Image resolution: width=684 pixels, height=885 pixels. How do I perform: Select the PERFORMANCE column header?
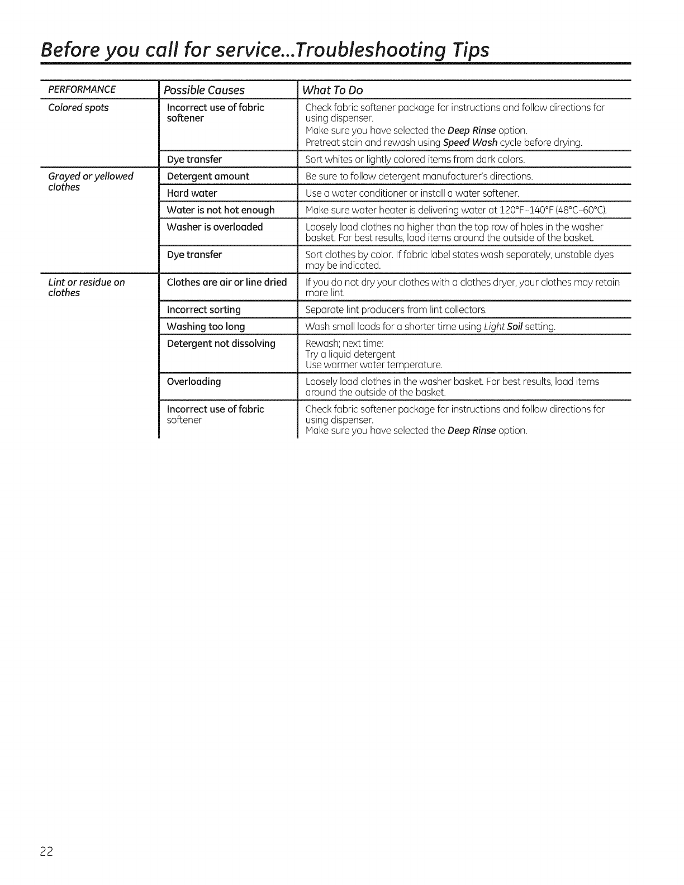pos(82,89)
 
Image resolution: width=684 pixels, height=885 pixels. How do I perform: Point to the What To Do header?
pos(332,90)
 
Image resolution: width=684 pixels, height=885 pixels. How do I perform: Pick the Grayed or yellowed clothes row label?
pos(91,182)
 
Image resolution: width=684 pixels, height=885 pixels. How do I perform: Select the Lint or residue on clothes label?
pos(87,287)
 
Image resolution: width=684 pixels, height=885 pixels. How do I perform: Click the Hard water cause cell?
pos(192,193)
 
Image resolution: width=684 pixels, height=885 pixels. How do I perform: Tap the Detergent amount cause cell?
pos(208,177)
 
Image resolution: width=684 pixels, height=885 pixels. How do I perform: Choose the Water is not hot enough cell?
pos(221,210)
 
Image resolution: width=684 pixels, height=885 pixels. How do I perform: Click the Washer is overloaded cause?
pos(215,227)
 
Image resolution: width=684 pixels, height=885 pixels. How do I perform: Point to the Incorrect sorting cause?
pos(203,310)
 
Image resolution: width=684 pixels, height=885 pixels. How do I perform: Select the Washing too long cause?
pos(206,326)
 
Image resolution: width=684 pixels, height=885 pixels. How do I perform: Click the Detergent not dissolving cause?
pos(221,343)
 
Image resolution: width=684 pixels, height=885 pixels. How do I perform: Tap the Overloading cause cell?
pos(194,382)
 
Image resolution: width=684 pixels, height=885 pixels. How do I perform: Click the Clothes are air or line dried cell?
pos(226,282)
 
